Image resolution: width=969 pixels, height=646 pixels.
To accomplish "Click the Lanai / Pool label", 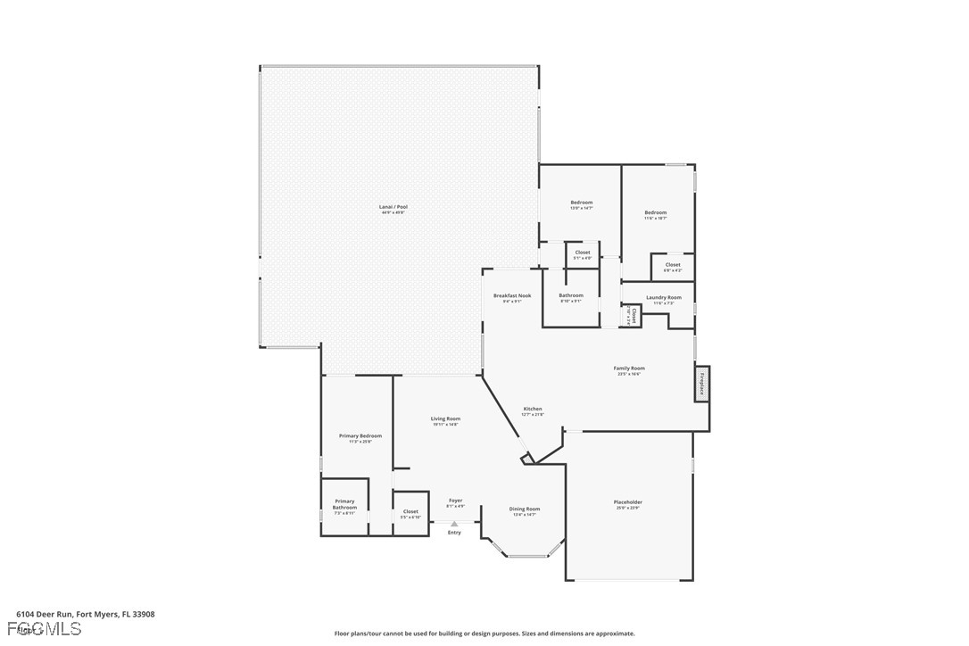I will pos(393,207).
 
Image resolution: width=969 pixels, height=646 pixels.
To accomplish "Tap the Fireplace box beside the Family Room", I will pos(702,384).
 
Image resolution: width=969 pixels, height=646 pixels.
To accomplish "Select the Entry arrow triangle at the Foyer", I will pos(454,524).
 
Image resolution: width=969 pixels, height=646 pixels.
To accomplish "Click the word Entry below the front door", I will pos(454,533).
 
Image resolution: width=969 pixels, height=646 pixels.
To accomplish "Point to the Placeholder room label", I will pos(627,502).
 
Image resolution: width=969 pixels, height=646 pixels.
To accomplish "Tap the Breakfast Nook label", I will pos(512,295).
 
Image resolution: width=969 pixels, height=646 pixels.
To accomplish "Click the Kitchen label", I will pos(532,409).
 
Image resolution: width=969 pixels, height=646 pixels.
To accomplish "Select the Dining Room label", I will pos(524,509).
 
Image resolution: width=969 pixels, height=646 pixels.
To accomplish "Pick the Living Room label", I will pos(445,418).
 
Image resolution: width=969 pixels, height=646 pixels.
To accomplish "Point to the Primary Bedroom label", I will pos(360,435).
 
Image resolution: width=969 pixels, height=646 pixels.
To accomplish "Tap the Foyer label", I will pos(455,501).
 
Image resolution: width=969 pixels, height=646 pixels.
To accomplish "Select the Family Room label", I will pos(629,368).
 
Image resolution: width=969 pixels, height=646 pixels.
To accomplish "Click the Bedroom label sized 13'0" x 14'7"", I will pos(582,203).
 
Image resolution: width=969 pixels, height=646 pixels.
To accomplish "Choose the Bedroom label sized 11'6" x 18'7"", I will pos(656,212).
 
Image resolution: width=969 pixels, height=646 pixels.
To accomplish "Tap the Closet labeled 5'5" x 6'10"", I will pos(410,511).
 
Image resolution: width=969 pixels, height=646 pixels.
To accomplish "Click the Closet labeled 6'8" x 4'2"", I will pos(673,264).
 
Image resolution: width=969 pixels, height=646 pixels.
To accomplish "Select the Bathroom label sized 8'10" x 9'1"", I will pos(571,295).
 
